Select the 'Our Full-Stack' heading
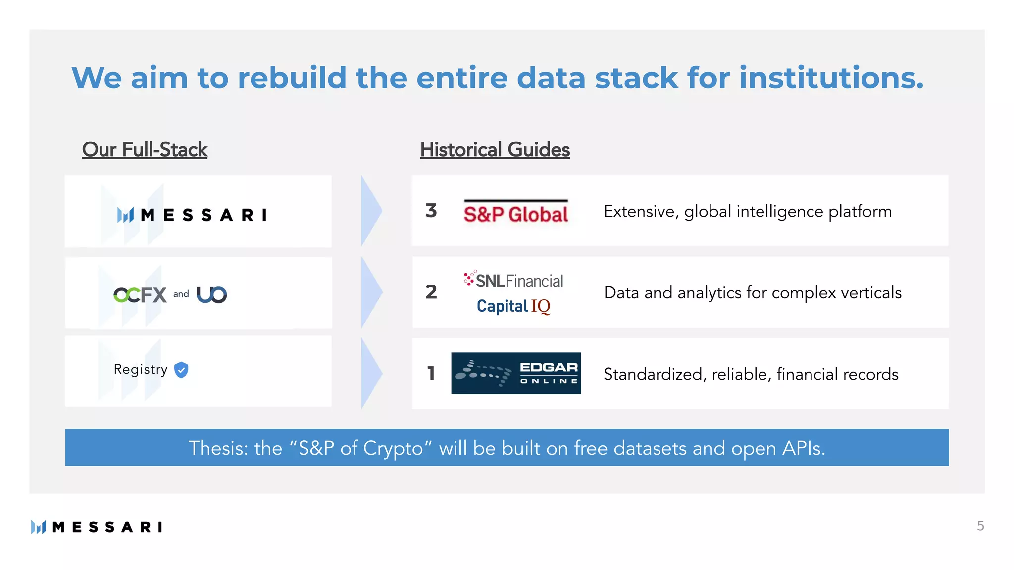coord(145,150)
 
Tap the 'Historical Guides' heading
coord(495,150)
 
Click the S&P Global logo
coord(515,213)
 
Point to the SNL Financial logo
coord(513,281)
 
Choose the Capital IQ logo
coord(513,306)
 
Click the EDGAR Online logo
coord(515,374)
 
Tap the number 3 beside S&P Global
coord(431,211)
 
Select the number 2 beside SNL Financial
coord(431,292)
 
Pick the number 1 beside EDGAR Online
coord(431,374)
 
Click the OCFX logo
coord(140,295)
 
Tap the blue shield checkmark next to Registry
coord(182,370)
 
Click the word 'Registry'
coord(141,370)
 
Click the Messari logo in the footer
coord(97,527)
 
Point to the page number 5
coord(980,526)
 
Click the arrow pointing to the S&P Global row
coord(371,211)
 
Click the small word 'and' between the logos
coord(181,294)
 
